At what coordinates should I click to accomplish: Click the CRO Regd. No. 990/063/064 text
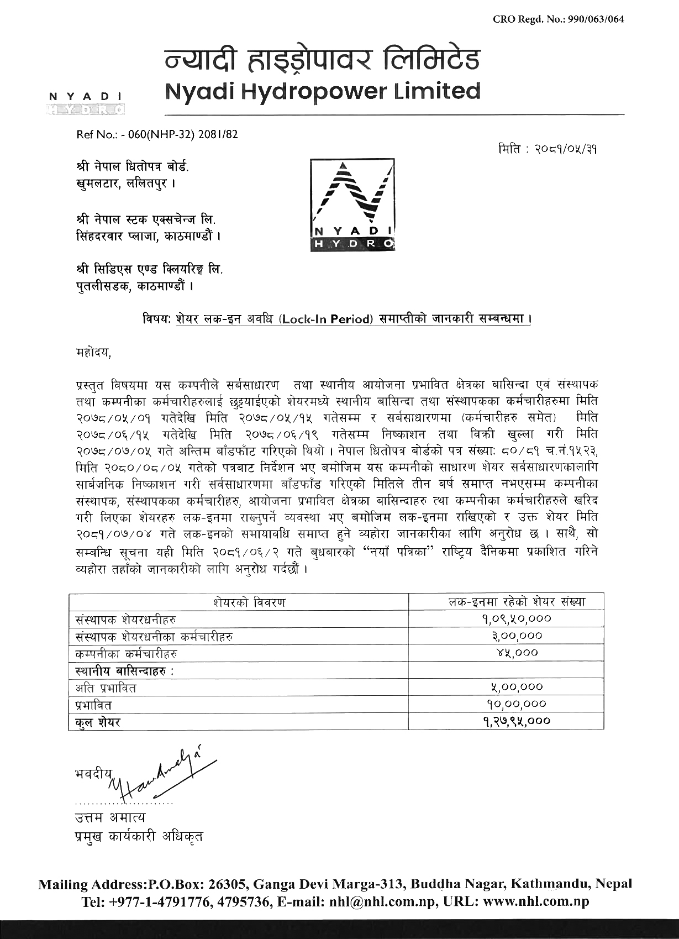(559, 19)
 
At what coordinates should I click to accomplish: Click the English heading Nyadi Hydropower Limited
(323, 91)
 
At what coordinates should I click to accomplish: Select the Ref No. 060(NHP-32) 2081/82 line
(157, 134)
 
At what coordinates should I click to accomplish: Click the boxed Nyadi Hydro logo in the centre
(352, 205)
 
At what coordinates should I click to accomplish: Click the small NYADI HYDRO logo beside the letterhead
(86, 103)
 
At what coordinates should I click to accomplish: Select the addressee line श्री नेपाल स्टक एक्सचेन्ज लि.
(146, 220)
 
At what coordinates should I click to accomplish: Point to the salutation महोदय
(93, 352)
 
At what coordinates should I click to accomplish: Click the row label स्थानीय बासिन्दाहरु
(125, 671)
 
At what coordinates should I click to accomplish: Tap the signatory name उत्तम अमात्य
(110, 817)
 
